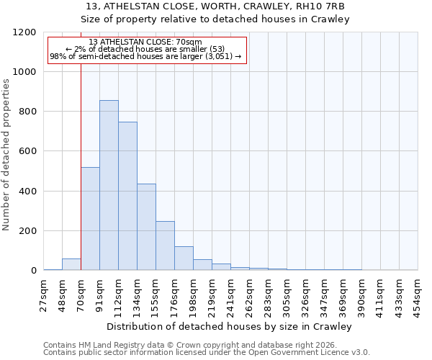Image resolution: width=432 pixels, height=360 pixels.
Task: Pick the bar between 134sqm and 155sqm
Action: click(146, 227)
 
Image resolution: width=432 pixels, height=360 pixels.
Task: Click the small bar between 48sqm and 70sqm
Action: click(71, 264)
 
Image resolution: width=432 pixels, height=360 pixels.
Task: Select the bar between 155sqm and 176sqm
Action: click(165, 246)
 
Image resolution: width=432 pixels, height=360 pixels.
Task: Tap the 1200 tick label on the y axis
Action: click(25, 32)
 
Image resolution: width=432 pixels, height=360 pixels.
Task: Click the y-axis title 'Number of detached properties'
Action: click(7, 151)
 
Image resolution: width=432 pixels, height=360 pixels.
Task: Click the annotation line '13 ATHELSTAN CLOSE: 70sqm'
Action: click(147, 42)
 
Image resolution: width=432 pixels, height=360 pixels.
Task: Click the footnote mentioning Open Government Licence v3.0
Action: click(207, 352)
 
